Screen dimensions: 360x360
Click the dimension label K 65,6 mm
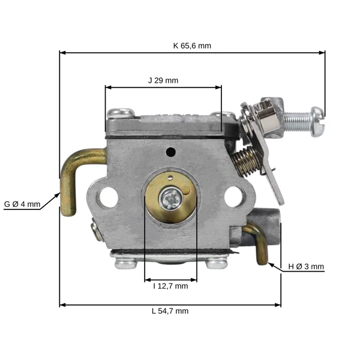pos(192,46)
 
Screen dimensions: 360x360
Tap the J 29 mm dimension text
pos(163,80)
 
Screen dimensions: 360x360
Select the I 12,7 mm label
pos(170,286)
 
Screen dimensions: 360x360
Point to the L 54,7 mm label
pos(170,311)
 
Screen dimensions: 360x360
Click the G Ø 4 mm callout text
pos(22,204)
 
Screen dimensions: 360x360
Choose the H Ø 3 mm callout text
pos(306,266)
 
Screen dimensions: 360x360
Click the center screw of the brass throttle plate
pos(171,199)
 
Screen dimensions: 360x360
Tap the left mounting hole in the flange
pos(108,197)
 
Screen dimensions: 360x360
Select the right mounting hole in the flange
pos(234,197)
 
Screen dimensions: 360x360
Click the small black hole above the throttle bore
pos(171,152)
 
